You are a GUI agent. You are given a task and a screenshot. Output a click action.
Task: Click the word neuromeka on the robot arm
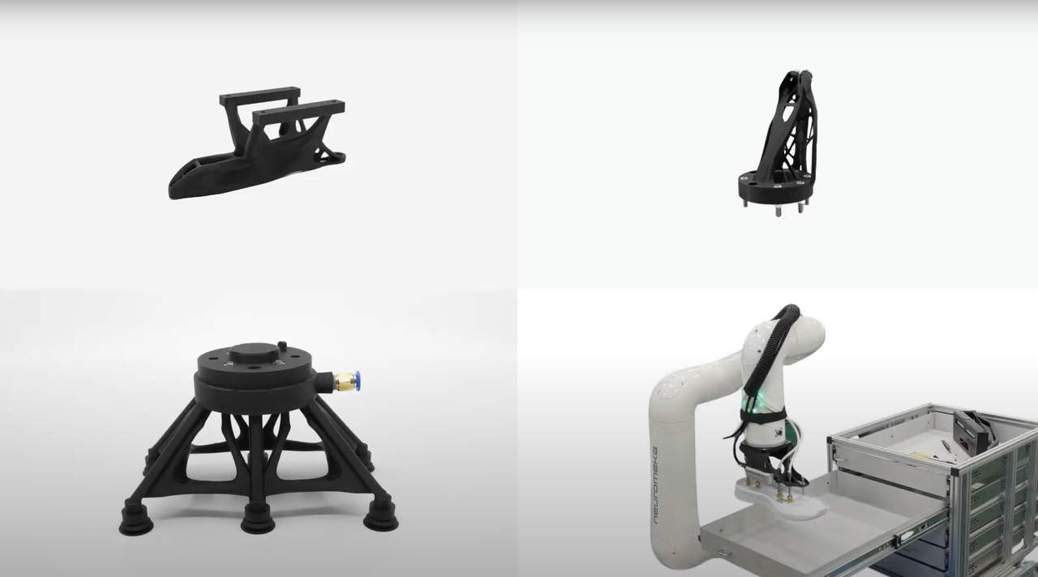[655, 485]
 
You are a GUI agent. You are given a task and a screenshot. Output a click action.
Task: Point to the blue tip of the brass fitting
[357, 380]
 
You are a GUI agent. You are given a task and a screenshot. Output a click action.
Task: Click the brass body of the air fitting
[344, 382]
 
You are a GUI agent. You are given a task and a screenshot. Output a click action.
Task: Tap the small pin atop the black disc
[281, 346]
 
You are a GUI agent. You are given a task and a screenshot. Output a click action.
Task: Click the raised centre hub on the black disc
[255, 354]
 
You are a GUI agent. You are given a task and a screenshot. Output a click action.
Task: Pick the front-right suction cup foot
[380, 517]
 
